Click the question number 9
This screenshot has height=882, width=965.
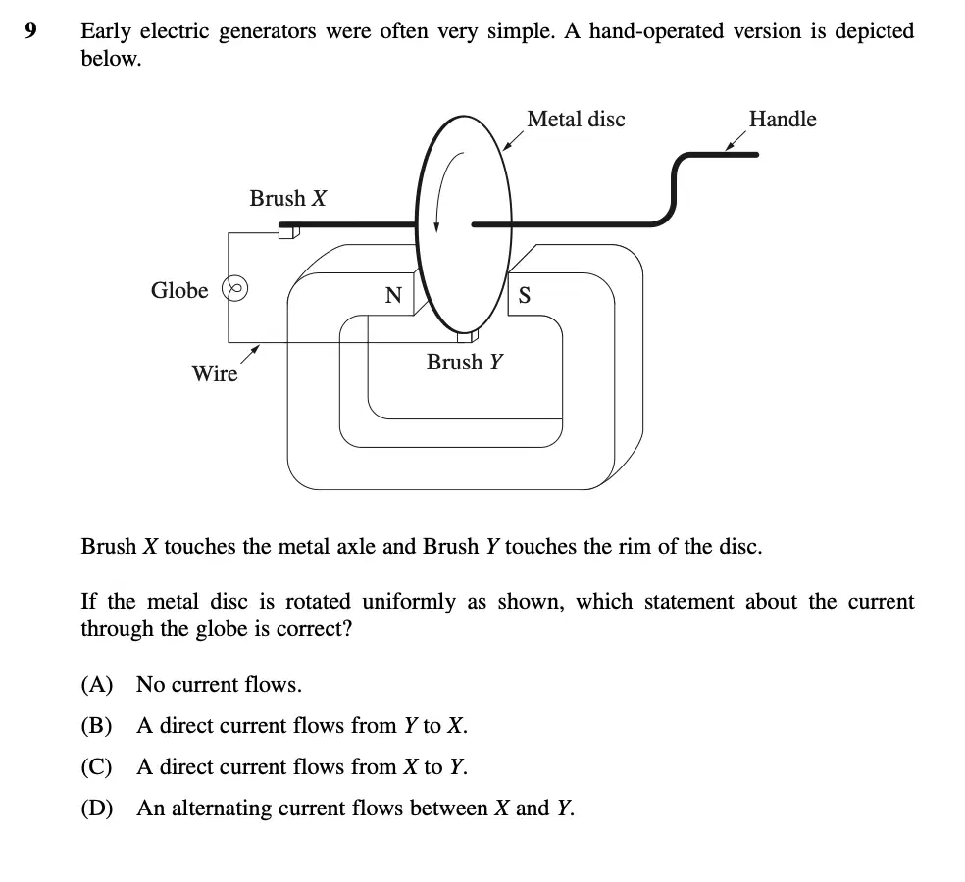pyautogui.click(x=30, y=30)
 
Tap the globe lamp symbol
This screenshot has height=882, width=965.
pyautogui.click(x=235, y=288)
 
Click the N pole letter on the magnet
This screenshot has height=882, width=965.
pyautogui.click(x=393, y=295)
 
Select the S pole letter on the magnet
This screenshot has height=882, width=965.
pyautogui.click(x=525, y=295)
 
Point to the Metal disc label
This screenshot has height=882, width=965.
pyautogui.click(x=576, y=119)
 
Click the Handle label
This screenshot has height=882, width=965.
pyautogui.click(x=783, y=119)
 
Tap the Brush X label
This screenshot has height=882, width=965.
pyautogui.click(x=288, y=198)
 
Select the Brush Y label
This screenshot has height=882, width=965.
pyautogui.click(x=465, y=362)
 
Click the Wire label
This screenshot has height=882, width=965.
pyautogui.click(x=214, y=373)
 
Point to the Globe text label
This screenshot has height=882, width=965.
pyautogui.click(x=179, y=290)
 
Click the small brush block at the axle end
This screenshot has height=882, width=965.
pyautogui.click(x=288, y=232)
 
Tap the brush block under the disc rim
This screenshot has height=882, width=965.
pyautogui.click(x=468, y=336)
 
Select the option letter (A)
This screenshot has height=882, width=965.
pyautogui.click(x=97, y=684)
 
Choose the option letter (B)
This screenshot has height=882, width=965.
pyautogui.click(x=97, y=725)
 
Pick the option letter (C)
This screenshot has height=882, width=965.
pyautogui.click(x=97, y=766)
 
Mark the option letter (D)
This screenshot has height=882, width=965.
pyautogui.click(x=97, y=808)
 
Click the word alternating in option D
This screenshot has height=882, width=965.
pyautogui.click(x=221, y=808)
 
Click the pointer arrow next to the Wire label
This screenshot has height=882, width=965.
pyautogui.click(x=250, y=355)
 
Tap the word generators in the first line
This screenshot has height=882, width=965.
pyautogui.click(x=267, y=31)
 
